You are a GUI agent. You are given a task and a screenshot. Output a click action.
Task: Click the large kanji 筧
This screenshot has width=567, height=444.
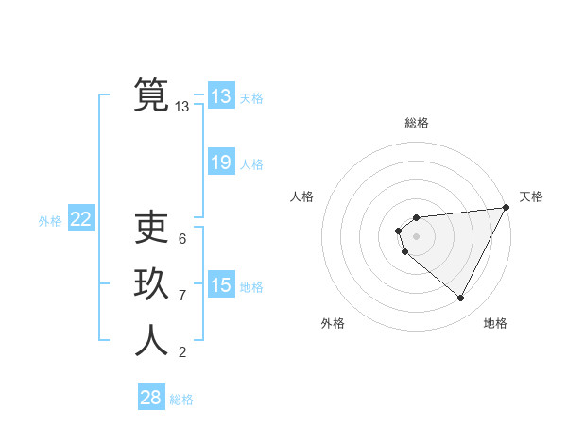click(151, 94)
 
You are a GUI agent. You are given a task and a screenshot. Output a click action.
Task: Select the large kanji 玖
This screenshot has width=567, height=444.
click(151, 285)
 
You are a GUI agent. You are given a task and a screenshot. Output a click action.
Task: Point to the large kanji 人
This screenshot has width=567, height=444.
click(151, 341)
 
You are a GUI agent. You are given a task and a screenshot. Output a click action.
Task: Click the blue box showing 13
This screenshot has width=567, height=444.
click(221, 96)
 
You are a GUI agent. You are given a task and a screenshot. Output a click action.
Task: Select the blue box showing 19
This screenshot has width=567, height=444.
click(221, 162)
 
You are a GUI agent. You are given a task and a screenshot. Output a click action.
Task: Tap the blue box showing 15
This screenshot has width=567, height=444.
click(221, 285)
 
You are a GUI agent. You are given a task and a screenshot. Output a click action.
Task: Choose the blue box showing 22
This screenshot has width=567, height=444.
click(81, 219)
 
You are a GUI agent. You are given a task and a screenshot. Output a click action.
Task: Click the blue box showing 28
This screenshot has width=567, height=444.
click(151, 398)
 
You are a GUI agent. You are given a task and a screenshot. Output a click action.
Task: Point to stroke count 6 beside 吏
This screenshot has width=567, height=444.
click(182, 239)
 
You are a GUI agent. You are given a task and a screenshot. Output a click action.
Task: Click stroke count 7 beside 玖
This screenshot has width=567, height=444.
click(182, 296)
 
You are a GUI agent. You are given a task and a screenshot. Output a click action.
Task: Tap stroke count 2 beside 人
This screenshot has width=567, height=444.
click(182, 352)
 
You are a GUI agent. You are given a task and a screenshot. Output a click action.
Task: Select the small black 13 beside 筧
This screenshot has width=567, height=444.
click(182, 107)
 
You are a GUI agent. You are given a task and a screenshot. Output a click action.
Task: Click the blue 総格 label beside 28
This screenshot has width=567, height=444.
click(181, 400)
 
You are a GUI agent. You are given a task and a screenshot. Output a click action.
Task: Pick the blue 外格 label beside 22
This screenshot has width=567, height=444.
click(50, 221)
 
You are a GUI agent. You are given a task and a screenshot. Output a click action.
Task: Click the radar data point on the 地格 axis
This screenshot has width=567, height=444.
click(461, 299)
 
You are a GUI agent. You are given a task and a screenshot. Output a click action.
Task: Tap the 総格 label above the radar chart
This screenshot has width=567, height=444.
click(416, 124)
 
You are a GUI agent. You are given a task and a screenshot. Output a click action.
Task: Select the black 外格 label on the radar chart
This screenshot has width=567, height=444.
click(333, 323)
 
